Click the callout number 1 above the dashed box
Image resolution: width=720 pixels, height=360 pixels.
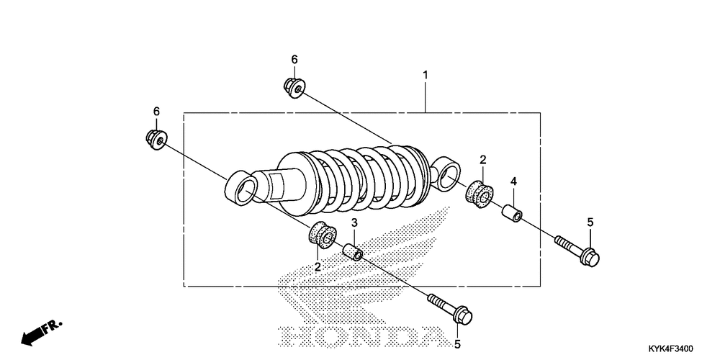(426, 75)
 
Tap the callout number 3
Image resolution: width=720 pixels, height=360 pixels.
(354, 224)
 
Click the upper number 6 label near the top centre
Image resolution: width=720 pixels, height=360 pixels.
(294, 59)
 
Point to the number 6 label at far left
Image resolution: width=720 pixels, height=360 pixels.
(156, 111)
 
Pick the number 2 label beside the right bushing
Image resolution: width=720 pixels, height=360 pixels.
(483, 160)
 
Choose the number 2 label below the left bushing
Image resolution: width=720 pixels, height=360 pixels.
(318, 266)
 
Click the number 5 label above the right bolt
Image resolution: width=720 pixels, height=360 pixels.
(590, 222)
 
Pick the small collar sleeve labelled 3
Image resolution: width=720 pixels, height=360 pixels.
(354, 252)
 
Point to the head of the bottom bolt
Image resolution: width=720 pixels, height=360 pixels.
(462, 316)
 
